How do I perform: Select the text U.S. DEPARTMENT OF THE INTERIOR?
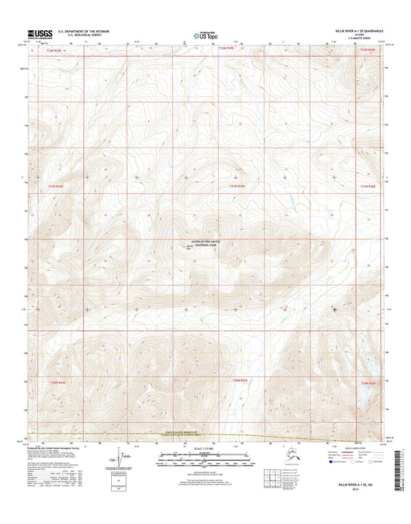(x=89, y=31)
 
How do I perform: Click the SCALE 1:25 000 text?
(x=202, y=448)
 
